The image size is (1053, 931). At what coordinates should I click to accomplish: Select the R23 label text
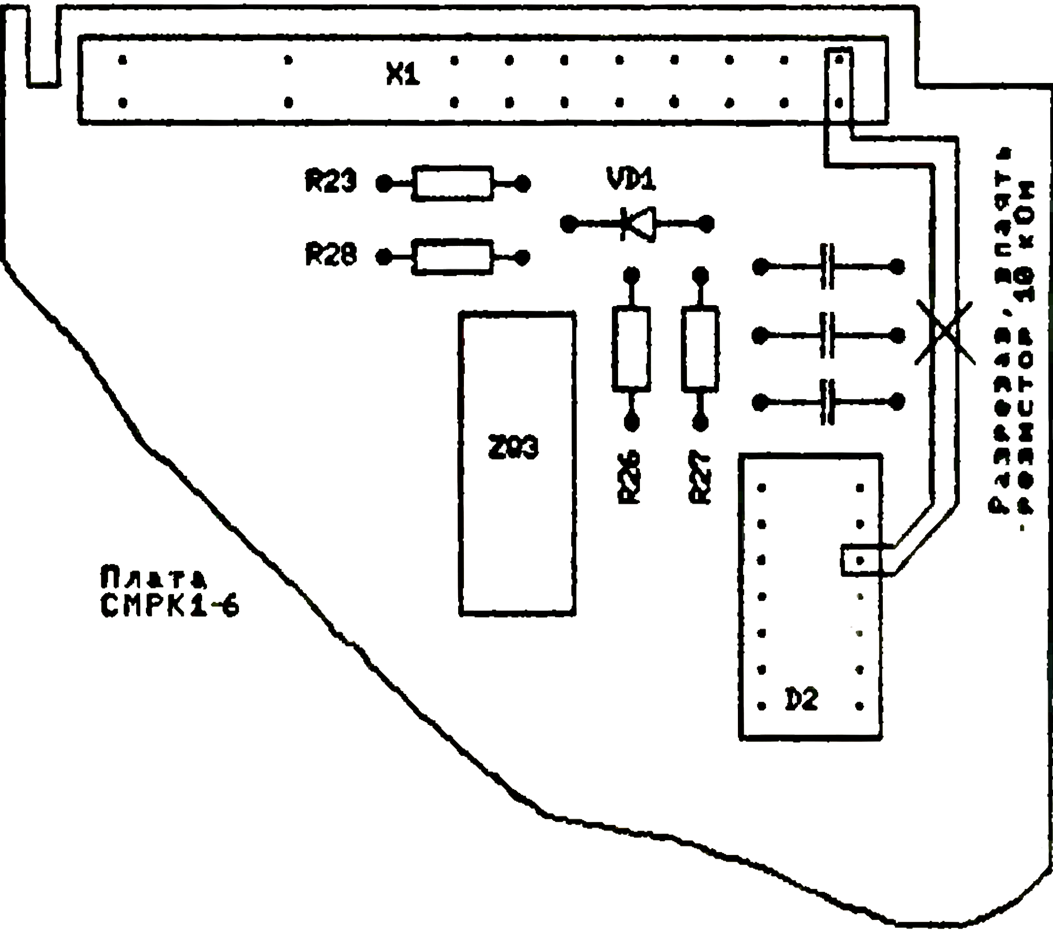[x=330, y=180]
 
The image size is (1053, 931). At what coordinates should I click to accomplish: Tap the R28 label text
[x=330, y=254]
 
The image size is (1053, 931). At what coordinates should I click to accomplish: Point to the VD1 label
[x=631, y=179]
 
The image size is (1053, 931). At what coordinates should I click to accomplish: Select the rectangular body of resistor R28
[x=452, y=257]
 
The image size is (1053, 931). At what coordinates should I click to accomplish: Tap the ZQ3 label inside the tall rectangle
[x=513, y=447]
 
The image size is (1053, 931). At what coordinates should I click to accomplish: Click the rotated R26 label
[x=629, y=477]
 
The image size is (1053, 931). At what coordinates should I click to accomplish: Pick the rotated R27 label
[x=700, y=477]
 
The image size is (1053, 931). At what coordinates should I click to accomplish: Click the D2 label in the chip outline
[x=801, y=699]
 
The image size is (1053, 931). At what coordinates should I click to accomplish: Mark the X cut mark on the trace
[x=944, y=333]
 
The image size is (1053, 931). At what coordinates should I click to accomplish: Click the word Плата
[x=153, y=577]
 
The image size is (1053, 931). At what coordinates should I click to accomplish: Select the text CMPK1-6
[x=170, y=605]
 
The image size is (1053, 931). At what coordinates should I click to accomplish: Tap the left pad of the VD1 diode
[x=569, y=224]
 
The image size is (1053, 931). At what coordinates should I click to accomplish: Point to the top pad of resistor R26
[x=632, y=275]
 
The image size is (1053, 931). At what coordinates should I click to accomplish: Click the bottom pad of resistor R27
[x=700, y=423]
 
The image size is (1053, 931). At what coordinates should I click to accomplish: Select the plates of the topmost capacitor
[x=827, y=266]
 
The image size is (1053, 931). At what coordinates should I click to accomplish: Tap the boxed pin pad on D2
[x=859, y=560]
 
